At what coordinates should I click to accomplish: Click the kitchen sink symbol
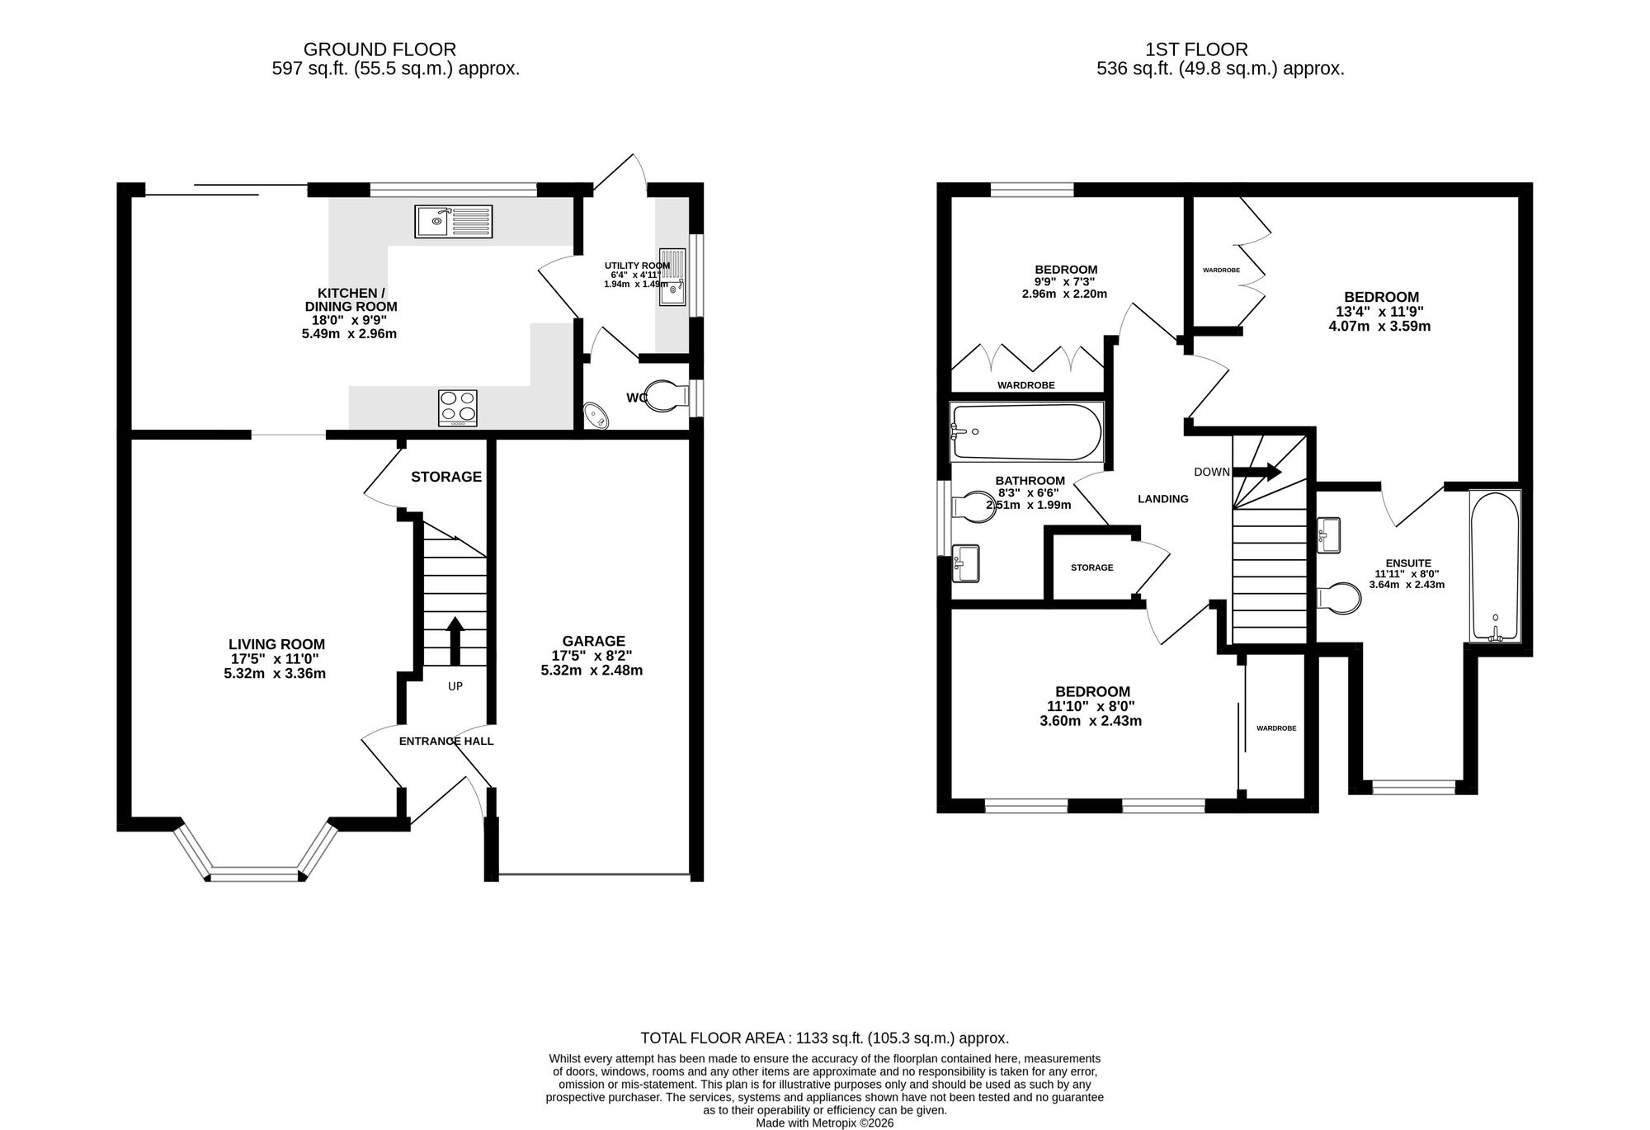point(454,221)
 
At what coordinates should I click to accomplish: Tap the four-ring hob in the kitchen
point(459,407)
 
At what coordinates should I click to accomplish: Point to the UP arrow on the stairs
point(455,641)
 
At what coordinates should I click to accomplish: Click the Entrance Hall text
point(446,741)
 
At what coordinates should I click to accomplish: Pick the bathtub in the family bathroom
point(1027,431)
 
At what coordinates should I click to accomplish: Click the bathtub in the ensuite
point(1495,566)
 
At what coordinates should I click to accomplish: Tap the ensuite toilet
point(1339,598)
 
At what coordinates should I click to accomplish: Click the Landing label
point(1163,499)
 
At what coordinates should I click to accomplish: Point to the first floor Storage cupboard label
point(1092,567)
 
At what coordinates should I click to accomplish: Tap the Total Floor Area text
point(825,1038)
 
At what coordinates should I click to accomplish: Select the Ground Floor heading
point(379,49)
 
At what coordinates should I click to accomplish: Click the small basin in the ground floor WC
point(595,417)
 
